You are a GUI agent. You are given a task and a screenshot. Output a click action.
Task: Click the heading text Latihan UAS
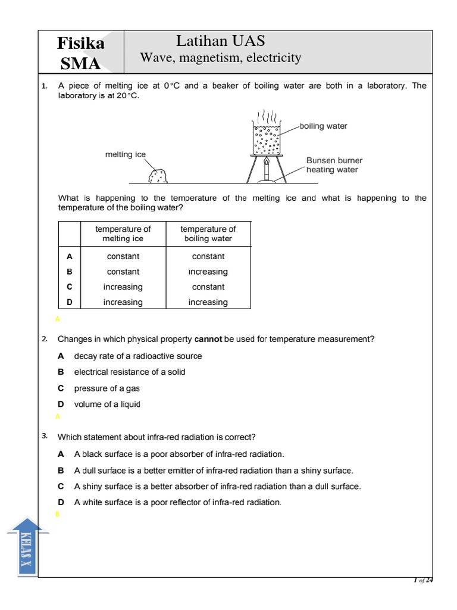click(221, 41)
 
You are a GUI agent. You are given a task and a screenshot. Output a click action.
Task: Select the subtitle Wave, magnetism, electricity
click(221, 58)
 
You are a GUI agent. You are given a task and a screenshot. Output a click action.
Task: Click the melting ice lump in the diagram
click(158, 176)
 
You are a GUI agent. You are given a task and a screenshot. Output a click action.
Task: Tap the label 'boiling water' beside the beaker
click(323, 126)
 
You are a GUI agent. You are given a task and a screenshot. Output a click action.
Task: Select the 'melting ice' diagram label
click(125, 154)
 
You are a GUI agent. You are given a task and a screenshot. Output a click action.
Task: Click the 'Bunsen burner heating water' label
click(333, 165)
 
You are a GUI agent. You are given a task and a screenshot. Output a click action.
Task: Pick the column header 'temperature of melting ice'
click(123, 234)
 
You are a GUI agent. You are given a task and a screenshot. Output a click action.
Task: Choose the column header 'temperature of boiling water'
click(208, 234)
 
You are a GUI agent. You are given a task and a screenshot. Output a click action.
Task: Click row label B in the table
click(70, 272)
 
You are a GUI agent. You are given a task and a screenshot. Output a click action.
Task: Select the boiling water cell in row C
click(208, 287)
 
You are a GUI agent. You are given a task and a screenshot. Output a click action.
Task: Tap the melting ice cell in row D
click(123, 303)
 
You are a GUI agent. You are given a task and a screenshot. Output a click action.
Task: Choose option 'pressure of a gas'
click(107, 388)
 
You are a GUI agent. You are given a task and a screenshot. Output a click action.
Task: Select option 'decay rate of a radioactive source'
click(137, 356)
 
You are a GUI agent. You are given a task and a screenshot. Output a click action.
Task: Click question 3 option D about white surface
click(177, 502)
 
